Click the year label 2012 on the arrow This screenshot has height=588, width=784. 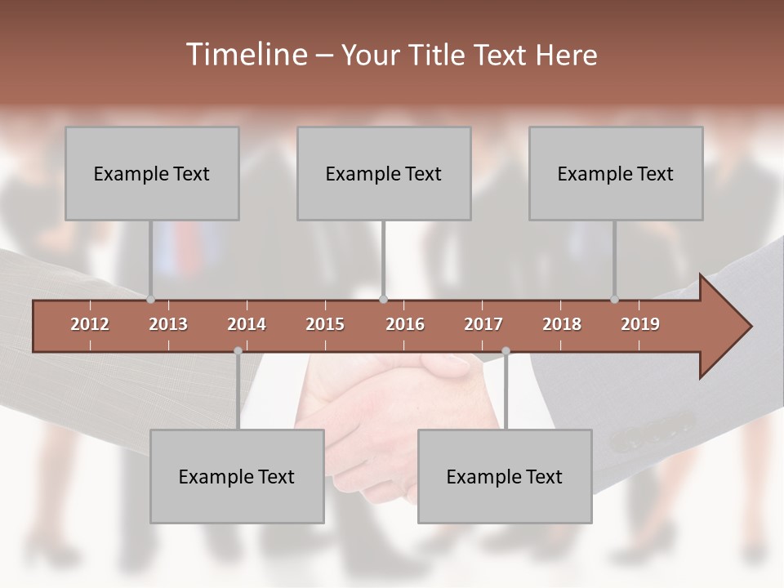[90, 324]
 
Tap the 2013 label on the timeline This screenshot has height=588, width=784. [168, 324]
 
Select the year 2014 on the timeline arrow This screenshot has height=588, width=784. [247, 324]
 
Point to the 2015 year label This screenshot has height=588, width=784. [325, 324]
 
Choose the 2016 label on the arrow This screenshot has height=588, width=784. [405, 324]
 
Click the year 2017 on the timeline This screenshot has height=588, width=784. [483, 324]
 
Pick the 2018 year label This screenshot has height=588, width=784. [562, 324]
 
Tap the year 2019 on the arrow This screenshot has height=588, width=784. [640, 324]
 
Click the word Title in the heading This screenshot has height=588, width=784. [438, 55]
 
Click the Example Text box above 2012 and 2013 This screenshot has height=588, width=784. [152, 173]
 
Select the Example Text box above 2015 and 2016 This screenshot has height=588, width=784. [384, 173]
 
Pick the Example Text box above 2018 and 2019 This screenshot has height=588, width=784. [616, 173]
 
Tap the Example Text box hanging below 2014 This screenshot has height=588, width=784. [237, 476]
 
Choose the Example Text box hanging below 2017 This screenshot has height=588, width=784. [505, 476]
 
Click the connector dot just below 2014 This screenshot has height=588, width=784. [238, 351]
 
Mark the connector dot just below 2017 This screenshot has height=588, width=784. [506, 351]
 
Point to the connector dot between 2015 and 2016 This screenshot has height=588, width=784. [384, 300]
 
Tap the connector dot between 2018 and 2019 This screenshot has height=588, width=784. [615, 300]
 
